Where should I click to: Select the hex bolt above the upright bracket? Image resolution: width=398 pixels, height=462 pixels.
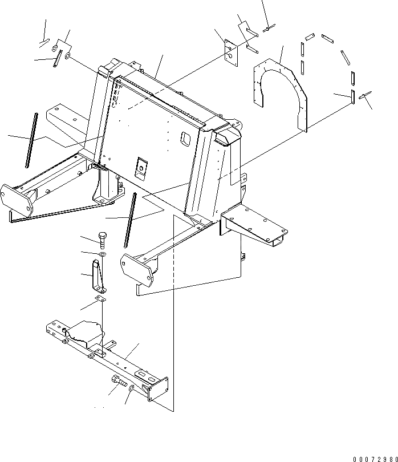102,238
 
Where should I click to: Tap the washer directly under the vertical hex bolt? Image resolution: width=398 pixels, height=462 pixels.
102,253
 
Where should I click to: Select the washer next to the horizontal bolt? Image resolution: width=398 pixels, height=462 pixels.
132,388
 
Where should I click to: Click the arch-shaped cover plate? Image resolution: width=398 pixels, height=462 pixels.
279,86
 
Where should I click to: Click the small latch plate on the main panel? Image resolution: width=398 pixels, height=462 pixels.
141,167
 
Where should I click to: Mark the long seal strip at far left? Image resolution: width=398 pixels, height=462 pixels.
31,140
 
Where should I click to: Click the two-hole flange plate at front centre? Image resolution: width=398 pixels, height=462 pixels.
137,268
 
